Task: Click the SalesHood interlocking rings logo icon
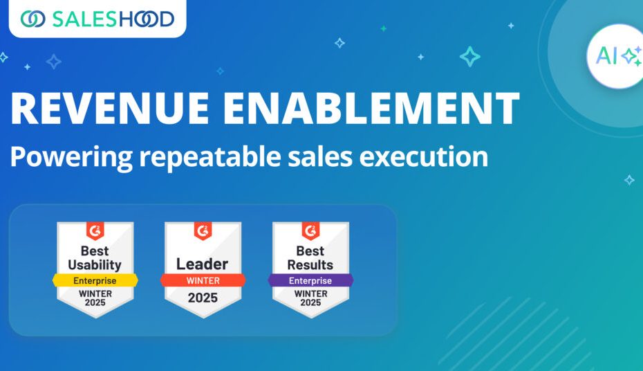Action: point(32,19)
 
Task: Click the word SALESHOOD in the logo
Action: point(113,19)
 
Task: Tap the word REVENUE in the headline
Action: point(110,108)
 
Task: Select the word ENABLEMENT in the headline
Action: point(371,108)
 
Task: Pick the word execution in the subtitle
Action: point(424,156)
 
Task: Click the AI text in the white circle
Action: point(606,56)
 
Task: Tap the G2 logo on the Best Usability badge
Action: point(95,230)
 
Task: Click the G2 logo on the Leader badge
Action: point(203,230)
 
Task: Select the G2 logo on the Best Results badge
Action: point(310,230)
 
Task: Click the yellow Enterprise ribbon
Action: point(95,280)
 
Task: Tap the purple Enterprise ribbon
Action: point(310,280)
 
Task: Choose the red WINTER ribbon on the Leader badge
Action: point(203,280)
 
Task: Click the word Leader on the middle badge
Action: point(202,264)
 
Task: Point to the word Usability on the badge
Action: point(95,265)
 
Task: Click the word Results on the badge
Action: point(310,264)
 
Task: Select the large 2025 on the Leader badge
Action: point(203,298)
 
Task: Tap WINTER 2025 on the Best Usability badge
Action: point(95,298)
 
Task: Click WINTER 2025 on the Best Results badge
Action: point(311,298)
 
